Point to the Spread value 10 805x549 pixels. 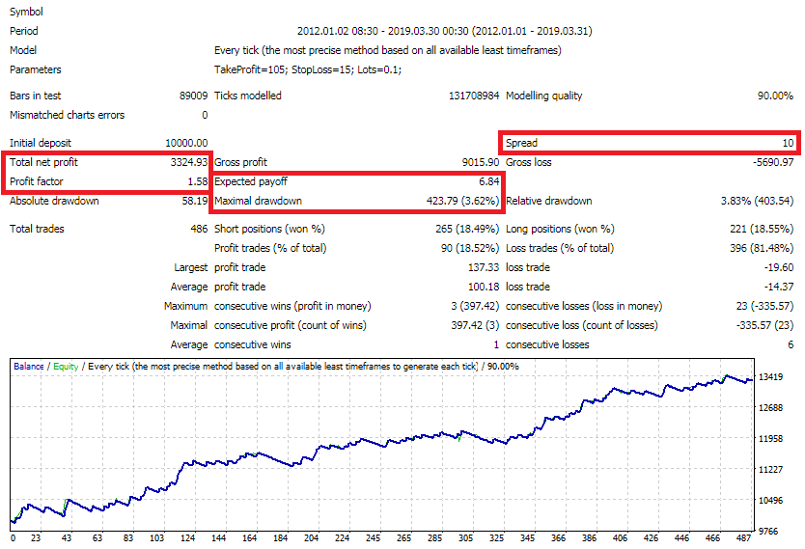pos(788,143)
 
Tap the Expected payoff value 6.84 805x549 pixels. pos(488,181)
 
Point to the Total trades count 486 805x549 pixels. pos(199,229)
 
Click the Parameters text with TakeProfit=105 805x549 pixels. pos(307,69)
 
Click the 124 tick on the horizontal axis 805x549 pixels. pos(187,539)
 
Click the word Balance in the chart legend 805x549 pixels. pos(29,367)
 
